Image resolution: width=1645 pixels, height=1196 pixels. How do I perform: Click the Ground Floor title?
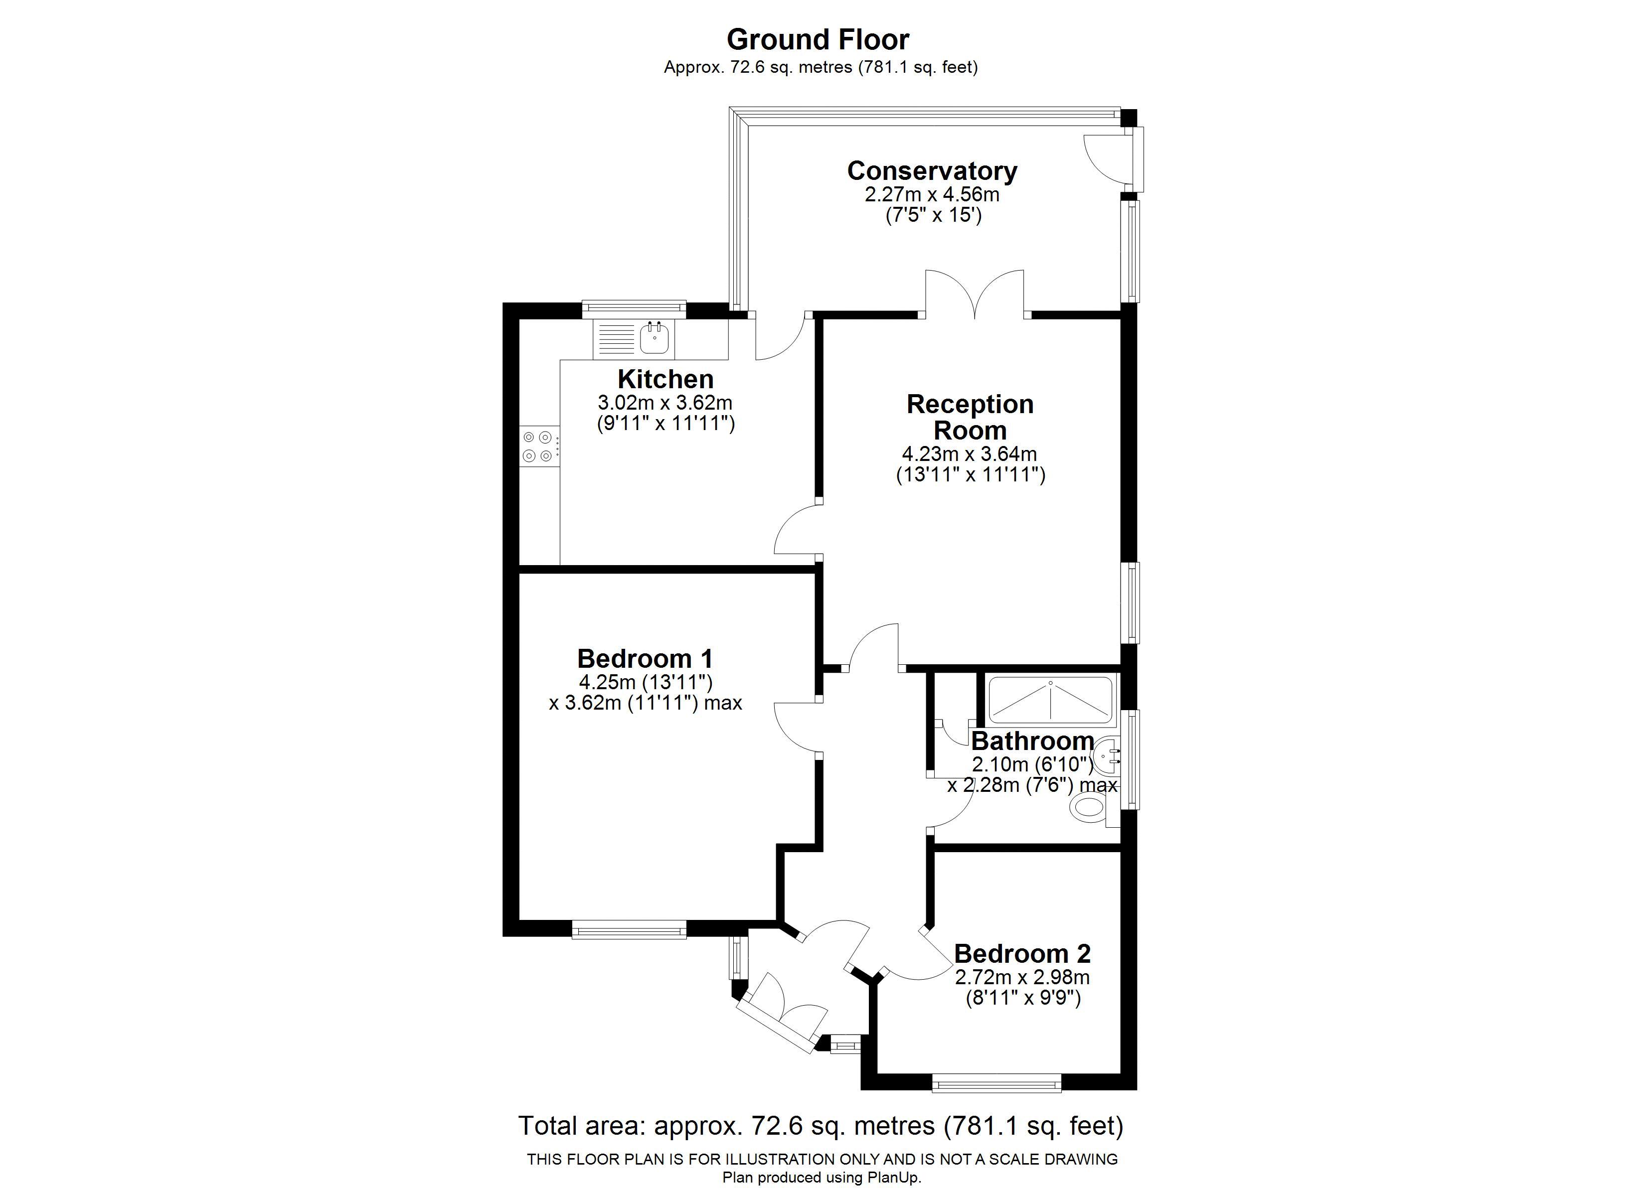coord(818,39)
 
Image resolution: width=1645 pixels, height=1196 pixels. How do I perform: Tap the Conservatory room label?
coord(932,171)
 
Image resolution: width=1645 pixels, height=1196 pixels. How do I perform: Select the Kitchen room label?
coord(665,379)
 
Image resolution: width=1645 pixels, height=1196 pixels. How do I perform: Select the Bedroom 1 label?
coord(645,659)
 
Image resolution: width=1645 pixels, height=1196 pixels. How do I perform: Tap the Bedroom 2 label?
coord(1022,953)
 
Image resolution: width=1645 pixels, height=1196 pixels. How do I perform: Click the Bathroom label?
coord(1032,741)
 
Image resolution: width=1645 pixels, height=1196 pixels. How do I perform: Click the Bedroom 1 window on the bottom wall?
coord(629,930)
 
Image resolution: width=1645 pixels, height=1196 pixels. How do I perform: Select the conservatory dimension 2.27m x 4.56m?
coord(932,194)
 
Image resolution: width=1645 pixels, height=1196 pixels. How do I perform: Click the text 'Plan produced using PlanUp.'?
coord(822,1178)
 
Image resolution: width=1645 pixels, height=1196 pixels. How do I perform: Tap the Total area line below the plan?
coord(821,1126)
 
